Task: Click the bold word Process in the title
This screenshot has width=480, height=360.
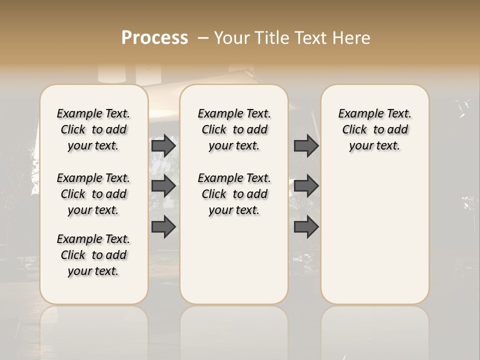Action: pyautogui.click(x=154, y=38)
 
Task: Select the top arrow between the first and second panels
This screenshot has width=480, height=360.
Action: pyautogui.click(x=163, y=145)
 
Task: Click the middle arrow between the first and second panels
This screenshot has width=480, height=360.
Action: pyautogui.click(x=163, y=186)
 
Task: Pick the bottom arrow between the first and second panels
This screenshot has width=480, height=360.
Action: pyautogui.click(x=163, y=227)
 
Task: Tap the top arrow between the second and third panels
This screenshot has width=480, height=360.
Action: pyautogui.click(x=306, y=145)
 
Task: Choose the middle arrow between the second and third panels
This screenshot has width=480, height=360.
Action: pyautogui.click(x=306, y=186)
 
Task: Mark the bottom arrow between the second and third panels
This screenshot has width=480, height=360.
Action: pyautogui.click(x=306, y=227)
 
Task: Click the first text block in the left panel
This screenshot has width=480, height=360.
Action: pyautogui.click(x=93, y=129)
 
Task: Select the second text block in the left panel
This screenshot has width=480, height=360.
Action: pyautogui.click(x=93, y=194)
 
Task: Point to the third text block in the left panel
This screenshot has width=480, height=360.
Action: pyautogui.click(x=93, y=255)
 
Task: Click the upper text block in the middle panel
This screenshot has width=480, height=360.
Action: pyautogui.click(x=234, y=129)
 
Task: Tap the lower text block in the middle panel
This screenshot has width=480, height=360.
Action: pyautogui.click(x=234, y=194)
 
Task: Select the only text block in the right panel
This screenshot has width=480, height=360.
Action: pyautogui.click(x=375, y=129)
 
